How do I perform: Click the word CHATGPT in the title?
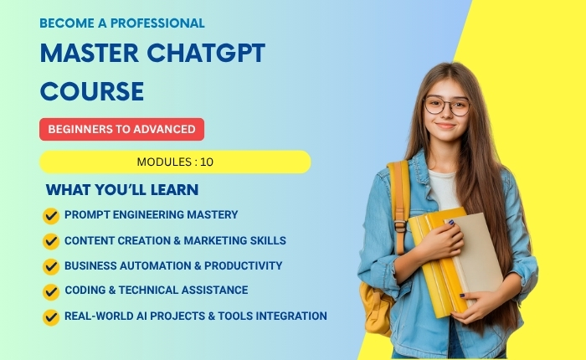coord(206,53)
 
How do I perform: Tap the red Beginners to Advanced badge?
coord(122,129)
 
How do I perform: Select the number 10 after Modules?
coord(207,162)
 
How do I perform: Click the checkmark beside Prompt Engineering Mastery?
coord(51,216)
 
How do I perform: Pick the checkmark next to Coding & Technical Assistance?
coord(51,292)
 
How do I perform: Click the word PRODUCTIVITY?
coord(243,265)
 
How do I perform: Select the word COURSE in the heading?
coord(92,91)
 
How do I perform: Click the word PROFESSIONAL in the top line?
coord(157,23)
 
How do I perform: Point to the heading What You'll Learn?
coord(122,189)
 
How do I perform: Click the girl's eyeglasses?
coord(446,105)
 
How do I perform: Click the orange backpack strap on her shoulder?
coord(399,202)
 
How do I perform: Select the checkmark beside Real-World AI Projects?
coord(51,317)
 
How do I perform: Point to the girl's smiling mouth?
coord(445,126)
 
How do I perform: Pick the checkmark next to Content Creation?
coord(51,241)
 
